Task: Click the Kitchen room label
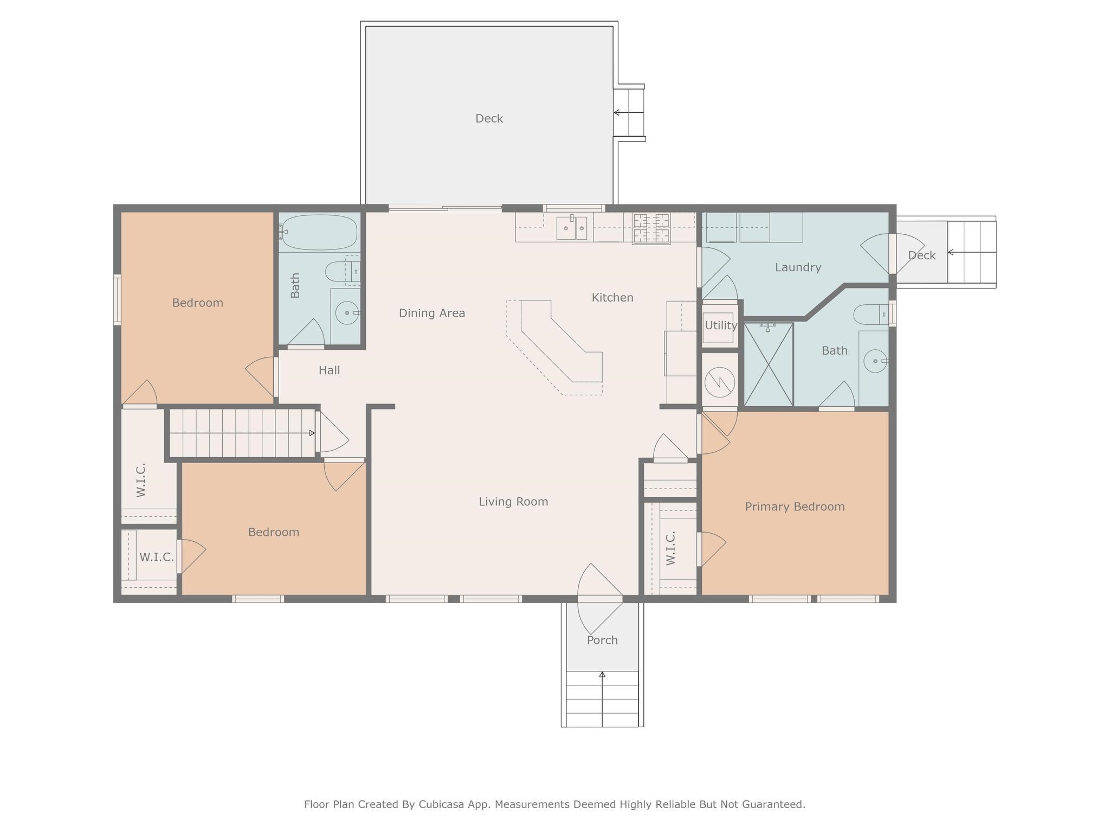[x=612, y=297]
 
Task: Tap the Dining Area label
[x=432, y=313]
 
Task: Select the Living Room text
[x=513, y=502]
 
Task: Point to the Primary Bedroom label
[x=795, y=507]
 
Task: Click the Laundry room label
[x=798, y=267]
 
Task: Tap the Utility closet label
[x=721, y=325]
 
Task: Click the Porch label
[x=602, y=640]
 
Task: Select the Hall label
[x=329, y=370]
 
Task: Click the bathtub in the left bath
[x=319, y=232]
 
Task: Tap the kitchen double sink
[x=572, y=228]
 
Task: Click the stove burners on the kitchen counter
[x=651, y=228]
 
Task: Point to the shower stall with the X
[x=769, y=364]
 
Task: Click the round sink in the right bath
[x=875, y=361]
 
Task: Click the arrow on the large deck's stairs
[x=629, y=113]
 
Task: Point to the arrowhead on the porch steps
[x=602, y=674]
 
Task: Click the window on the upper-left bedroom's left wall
[x=117, y=299]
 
